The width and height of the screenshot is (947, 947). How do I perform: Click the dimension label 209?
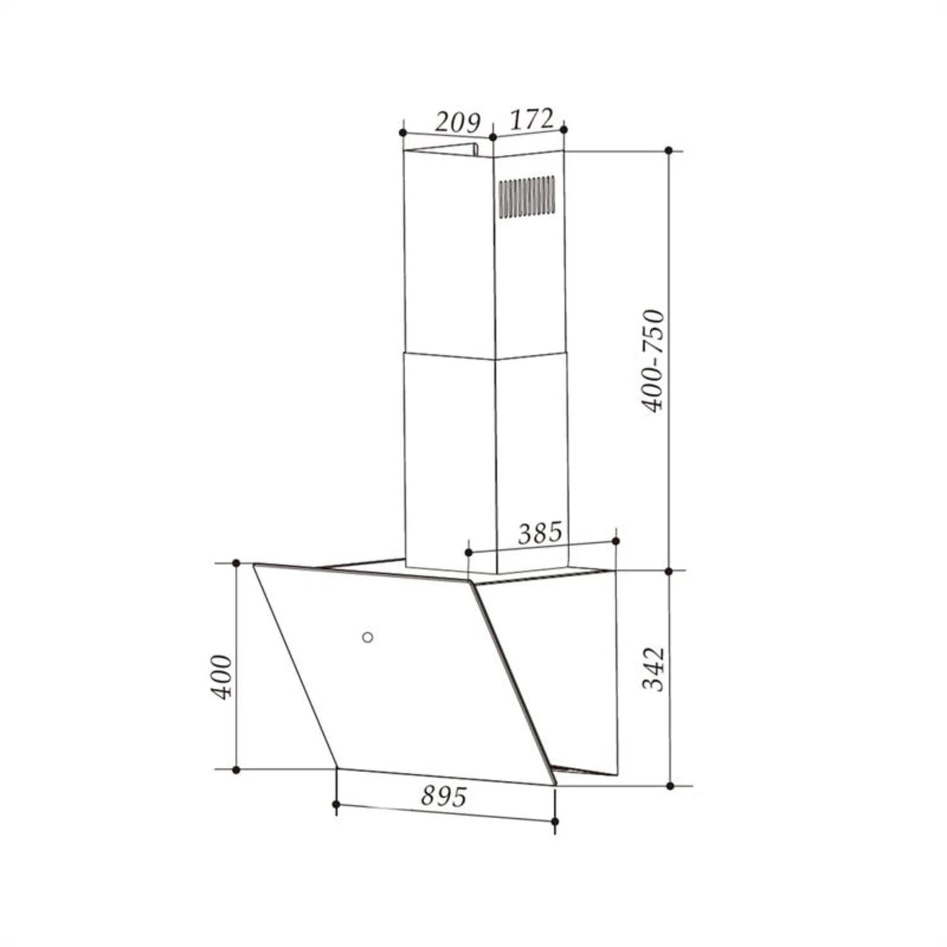457,122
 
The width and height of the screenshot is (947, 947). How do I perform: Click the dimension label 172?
531,119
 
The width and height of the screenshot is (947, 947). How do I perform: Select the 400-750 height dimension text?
653,360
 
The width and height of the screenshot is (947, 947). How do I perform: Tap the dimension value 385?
540,533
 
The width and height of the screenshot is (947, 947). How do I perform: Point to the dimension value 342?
654,669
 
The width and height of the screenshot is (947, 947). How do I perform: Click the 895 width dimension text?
444,797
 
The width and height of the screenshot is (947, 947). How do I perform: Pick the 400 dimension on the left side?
222,677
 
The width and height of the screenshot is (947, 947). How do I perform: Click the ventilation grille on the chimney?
527,196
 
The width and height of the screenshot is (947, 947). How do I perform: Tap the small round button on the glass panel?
367,637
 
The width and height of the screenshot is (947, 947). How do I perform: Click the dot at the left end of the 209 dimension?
403,133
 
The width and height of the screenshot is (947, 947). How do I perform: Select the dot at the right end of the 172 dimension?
564,129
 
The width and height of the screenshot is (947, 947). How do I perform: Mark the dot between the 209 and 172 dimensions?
492,137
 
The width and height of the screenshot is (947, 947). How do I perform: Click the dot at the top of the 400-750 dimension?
669,150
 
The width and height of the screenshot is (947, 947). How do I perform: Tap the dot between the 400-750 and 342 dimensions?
669,571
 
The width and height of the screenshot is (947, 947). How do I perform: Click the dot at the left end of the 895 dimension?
336,804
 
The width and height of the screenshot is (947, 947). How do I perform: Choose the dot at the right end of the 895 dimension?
555,821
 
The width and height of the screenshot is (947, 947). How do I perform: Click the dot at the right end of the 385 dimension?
616,541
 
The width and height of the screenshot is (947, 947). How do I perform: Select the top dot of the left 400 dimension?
236,563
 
